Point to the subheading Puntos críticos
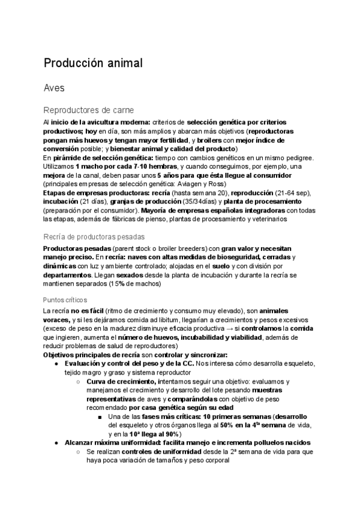point(65,300)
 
